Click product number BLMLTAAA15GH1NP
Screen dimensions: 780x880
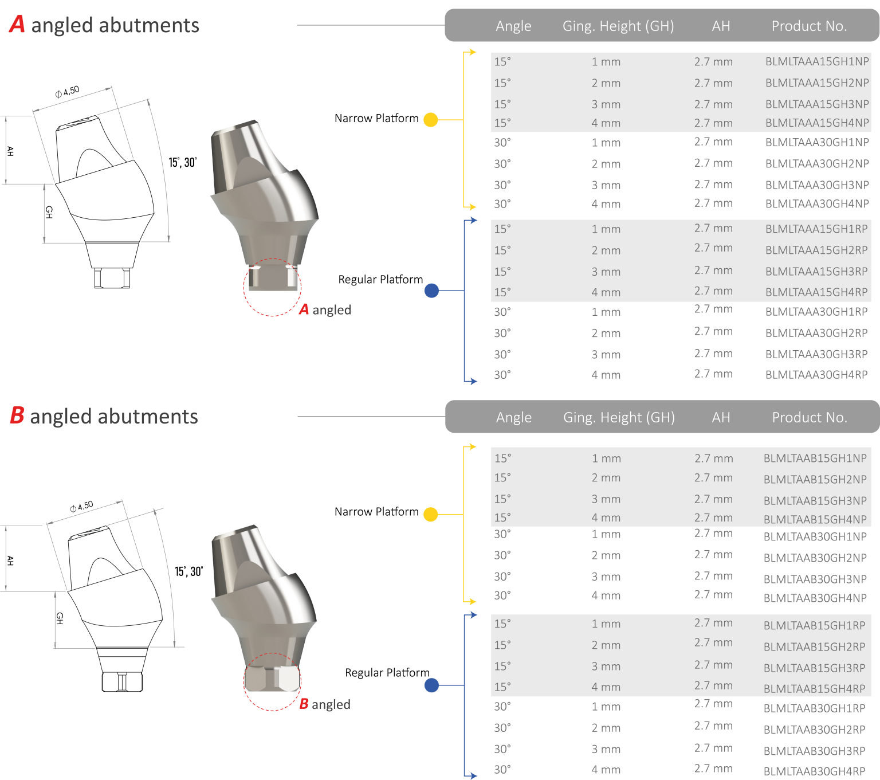(816, 61)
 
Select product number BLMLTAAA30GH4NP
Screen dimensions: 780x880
(816, 204)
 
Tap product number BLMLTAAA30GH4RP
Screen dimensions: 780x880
(816, 375)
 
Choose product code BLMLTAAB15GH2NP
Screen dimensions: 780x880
(815, 480)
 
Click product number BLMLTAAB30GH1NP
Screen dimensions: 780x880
(815, 537)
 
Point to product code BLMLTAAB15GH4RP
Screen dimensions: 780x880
(814, 689)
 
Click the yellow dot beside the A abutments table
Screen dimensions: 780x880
(431, 120)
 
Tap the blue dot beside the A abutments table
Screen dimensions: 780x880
(431, 291)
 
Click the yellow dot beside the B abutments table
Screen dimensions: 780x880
(431, 515)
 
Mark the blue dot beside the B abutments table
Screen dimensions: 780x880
(431, 685)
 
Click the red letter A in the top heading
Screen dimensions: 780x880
(17, 25)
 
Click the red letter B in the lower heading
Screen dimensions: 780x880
(17, 416)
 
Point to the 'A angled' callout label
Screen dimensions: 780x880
(325, 310)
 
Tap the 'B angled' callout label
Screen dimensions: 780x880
(324, 704)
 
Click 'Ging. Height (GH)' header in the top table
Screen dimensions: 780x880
(618, 26)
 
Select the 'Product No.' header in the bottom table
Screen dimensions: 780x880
(809, 418)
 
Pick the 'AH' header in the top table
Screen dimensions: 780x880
(721, 26)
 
